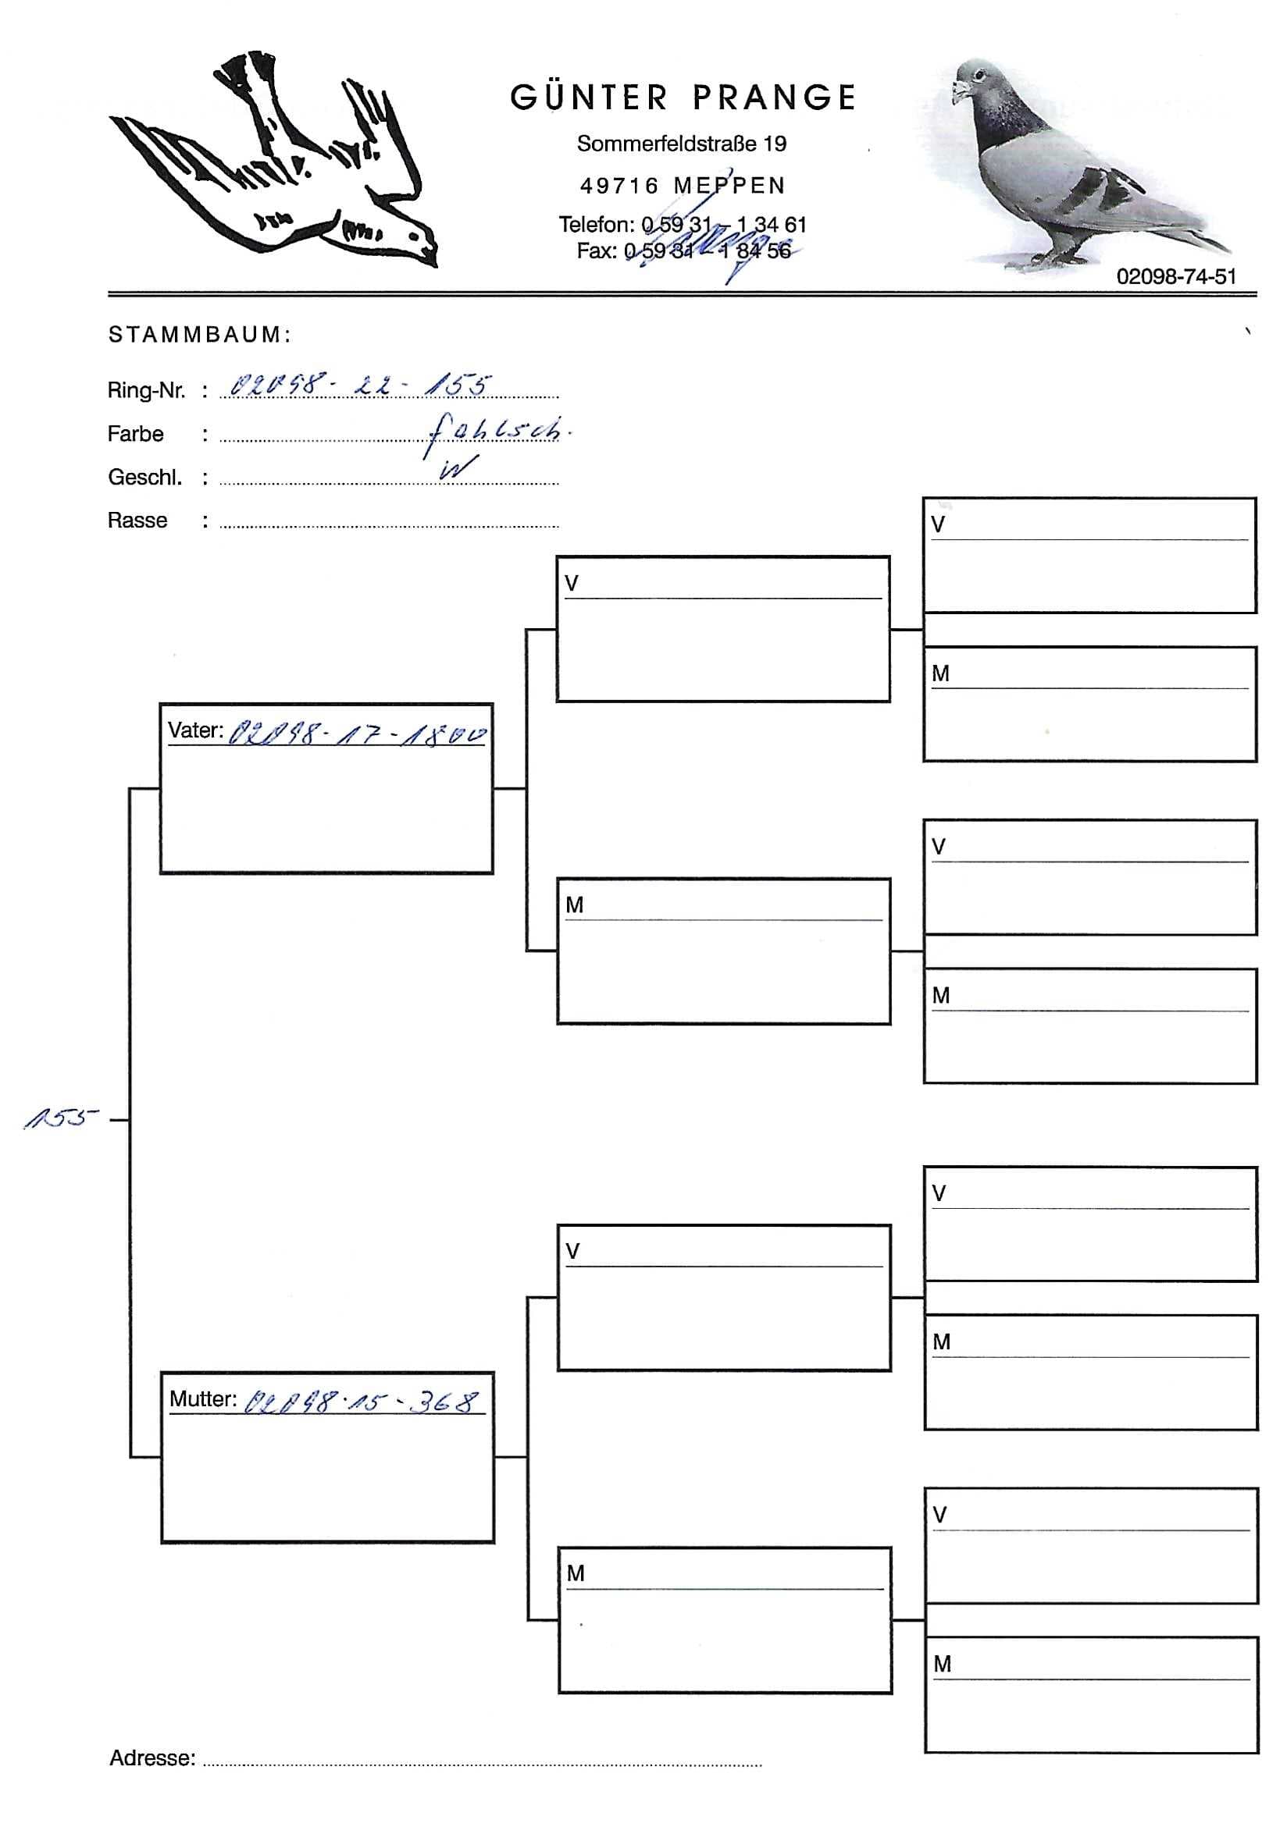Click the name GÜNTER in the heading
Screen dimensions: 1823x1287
tap(588, 98)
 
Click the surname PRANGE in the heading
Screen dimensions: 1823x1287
tap(775, 98)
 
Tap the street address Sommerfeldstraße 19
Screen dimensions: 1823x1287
tap(682, 144)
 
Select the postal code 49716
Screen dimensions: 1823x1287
tap(619, 186)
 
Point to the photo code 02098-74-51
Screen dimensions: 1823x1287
tap(1176, 276)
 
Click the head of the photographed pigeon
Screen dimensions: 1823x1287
tap(975, 80)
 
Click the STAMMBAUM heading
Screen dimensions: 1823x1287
tap(199, 335)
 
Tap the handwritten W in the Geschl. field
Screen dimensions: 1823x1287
tap(458, 468)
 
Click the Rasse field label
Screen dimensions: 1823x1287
tap(137, 521)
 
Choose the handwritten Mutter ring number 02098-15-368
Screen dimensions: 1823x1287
tap(362, 1402)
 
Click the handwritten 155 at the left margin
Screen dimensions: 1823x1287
tap(59, 1119)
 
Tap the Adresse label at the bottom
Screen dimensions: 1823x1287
tap(152, 1758)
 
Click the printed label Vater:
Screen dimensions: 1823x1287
tap(194, 730)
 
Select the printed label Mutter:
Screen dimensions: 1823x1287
tap(202, 1399)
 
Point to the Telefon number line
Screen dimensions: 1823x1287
tap(682, 225)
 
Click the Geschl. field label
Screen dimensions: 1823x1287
tap(144, 477)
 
